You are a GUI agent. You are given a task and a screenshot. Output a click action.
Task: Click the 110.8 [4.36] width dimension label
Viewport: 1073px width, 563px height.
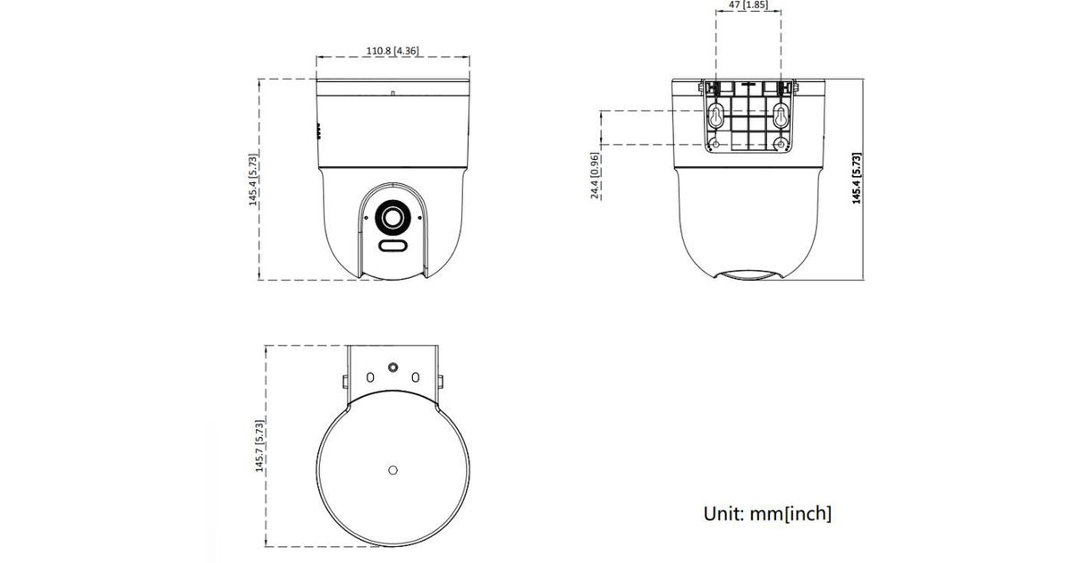coord(393,50)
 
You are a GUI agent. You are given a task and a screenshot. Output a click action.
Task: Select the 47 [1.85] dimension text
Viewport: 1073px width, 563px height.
coord(748,4)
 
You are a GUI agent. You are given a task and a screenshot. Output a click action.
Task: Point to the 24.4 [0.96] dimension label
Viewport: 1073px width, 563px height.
coord(595,176)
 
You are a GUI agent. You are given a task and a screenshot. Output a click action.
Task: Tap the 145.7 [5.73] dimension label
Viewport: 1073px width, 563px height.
coord(259,446)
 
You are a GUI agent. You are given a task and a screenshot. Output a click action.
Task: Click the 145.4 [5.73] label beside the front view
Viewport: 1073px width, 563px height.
coord(253,180)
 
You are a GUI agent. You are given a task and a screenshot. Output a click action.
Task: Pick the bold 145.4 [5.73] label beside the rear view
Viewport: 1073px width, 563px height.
coord(857,179)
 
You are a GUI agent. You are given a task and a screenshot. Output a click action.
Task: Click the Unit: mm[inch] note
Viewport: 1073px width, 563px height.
coord(767,514)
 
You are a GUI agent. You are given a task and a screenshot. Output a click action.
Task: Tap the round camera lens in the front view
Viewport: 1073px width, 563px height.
coord(393,218)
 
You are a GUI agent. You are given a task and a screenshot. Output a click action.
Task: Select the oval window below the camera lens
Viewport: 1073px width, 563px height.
coord(393,246)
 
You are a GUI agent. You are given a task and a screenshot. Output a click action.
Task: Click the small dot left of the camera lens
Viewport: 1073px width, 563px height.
coord(367,218)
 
